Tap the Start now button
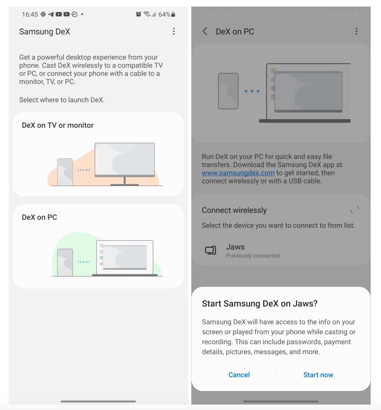click(318, 375)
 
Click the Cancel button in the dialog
click(239, 375)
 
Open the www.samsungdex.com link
click(238, 173)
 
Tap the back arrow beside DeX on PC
click(205, 32)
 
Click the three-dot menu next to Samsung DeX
click(174, 31)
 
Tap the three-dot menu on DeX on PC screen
click(356, 31)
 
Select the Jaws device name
click(235, 247)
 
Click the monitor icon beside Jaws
click(211, 251)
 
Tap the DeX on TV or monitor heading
click(58, 125)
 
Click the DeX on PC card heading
click(39, 217)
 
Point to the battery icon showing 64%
click(173, 14)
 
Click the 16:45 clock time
click(30, 14)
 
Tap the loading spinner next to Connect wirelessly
click(355, 210)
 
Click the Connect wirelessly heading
click(234, 210)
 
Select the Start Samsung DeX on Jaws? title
click(259, 304)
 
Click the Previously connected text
click(253, 256)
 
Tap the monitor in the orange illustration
click(124, 160)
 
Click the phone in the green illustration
click(65, 262)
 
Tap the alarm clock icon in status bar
click(138, 14)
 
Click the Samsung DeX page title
click(44, 32)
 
